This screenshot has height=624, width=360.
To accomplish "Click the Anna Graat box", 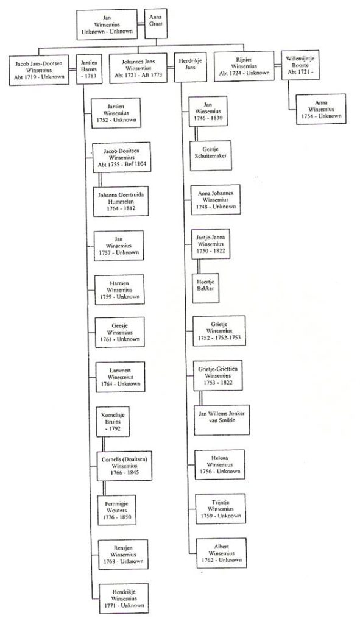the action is [155, 24].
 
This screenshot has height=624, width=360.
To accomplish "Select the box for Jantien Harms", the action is [89, 69].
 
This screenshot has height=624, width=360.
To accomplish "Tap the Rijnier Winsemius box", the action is [244, 66].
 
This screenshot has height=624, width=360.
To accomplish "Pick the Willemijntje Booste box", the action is [300, 65].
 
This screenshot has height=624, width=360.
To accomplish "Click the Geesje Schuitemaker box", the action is [210, 155].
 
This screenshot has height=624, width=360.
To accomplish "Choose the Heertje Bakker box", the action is [205, 288].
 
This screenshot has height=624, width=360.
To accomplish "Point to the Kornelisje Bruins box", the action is [113, 422].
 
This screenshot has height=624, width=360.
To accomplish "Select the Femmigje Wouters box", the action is [116, 510].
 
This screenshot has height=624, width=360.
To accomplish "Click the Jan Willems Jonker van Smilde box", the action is [222, 420].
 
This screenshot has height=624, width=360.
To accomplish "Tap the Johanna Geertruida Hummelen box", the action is [121, 201].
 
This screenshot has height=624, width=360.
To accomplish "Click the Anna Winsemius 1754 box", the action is [321, 109].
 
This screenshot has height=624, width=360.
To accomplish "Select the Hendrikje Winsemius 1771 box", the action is [124, 598].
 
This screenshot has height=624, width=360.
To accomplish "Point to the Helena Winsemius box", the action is [219, 465].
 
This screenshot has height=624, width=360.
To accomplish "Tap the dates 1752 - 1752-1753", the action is [219, 338].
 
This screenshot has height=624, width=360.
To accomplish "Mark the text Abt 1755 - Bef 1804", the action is [122, 165].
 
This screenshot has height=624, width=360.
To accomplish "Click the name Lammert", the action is [120, 370].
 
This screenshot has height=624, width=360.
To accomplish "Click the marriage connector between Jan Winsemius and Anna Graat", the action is [141, 24].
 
